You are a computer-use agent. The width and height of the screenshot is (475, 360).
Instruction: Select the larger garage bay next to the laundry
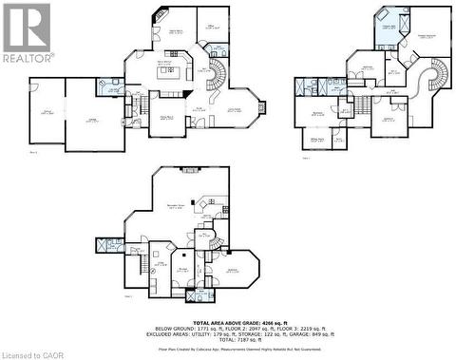93,117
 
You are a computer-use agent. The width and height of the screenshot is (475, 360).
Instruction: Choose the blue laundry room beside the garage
105,86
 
